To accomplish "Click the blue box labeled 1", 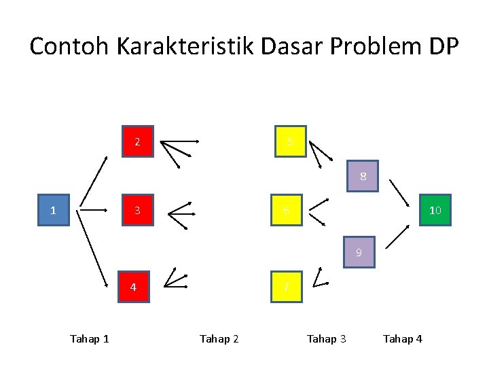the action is (53, 210).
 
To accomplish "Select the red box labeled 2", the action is (138, 141).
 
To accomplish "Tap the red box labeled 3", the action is (138, 210).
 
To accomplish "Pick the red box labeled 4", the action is (134, 286).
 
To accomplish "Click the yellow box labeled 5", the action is (290, 141).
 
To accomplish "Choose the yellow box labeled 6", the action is (287, 210).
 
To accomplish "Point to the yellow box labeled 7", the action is (287, 286).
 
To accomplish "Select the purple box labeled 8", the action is (363, 177).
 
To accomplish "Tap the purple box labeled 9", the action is (359, 253).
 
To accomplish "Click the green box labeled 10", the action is (435, 210).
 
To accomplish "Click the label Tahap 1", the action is (90, 338).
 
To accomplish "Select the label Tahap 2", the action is (219, 338).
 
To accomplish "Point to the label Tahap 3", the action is (326, 338).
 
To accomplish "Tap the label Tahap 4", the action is (402, 338).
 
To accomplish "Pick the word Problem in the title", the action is (366, 47).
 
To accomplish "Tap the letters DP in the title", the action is (443, 47).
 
